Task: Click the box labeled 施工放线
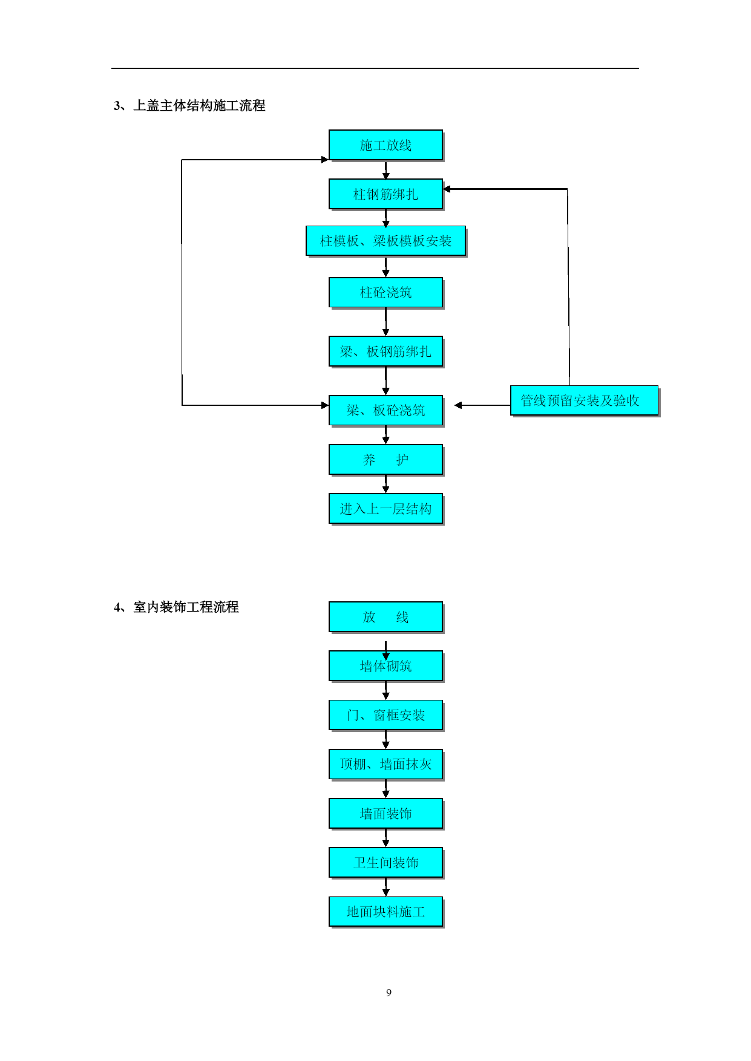(385, 145)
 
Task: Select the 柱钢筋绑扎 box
(385, 194)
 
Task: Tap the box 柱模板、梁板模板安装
(385, 241)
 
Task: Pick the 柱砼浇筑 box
(385, 293)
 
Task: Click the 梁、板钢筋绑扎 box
(385, 351)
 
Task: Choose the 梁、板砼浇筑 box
(385, 410)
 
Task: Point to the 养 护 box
(385, 460)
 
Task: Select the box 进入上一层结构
(385, 509)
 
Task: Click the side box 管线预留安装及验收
(584, 400)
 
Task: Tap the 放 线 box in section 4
(385, 617)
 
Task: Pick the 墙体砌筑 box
(385, 666)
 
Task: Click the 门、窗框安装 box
(385, 715)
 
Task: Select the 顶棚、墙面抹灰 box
(385, 764)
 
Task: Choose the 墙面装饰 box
(385, 814)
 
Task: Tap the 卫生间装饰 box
(385, 863)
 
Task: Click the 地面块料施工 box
(385, 912)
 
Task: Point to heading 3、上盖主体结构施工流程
(189, 106)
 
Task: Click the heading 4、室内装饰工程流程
(176, 607)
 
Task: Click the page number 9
(389, 993)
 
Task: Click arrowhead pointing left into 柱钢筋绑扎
(447, 189)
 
